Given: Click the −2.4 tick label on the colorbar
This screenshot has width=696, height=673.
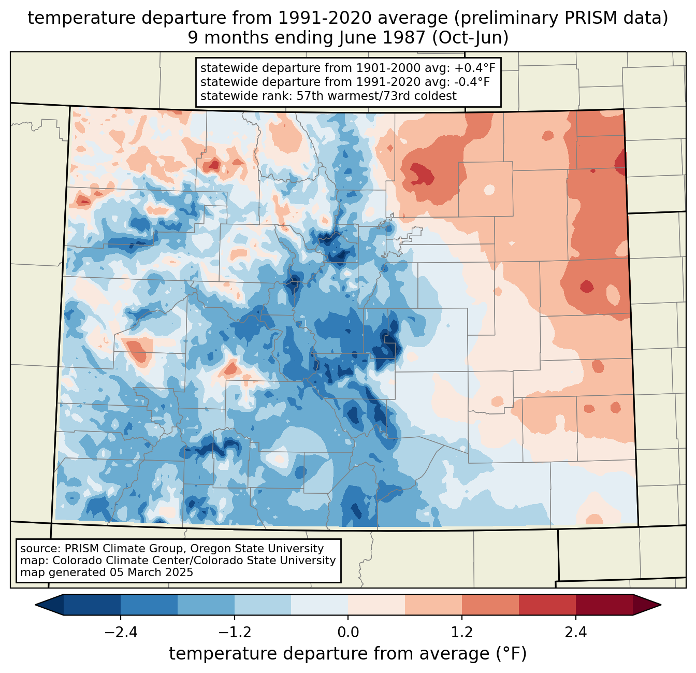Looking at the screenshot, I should pyautogui.click(x=121, y=633).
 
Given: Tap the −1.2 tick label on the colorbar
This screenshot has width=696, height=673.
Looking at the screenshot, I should pyautogui.click(x=234, y=633).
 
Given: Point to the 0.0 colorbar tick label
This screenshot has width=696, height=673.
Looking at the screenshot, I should pyautogui.click(x=348, y=633).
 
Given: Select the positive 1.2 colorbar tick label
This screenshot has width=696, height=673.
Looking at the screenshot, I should pyautogui.click(x=462, y=633).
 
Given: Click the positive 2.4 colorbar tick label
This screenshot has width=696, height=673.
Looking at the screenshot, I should pyautogui.click(x=575, y=633).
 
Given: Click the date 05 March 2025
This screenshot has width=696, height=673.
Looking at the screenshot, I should pyautogui.click(x=151, y=572).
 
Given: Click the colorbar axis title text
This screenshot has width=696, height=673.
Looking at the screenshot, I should pyautogui.click(x=347, y=654).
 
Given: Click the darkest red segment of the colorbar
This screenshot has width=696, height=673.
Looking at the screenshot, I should pyautogui.click(x=604, y=605).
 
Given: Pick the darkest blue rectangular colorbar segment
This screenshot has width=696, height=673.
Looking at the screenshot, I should pyautogui.click(x=92, y=605).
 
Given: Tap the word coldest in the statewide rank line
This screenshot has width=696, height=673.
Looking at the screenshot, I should pyautogui.click(x=436, y=96).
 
